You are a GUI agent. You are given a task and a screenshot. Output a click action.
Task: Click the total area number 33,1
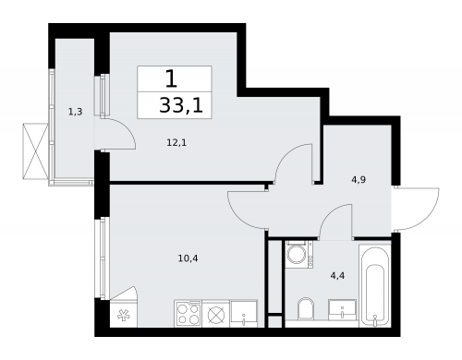pyautogui.click(x=180, y=104)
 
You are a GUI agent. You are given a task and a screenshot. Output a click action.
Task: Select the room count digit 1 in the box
pyautogui.click(x=172, y=79)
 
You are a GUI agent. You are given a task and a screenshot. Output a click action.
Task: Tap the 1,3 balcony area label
pyautogui.click(x=74, y=113)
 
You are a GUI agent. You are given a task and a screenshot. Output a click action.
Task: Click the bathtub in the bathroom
pyautogui.click(x=374, y=283)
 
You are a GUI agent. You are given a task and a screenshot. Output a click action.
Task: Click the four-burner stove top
pyautogui.click(x=188, y=314)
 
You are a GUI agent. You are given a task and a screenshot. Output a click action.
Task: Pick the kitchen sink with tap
pyautogui.click(x=244, y=314)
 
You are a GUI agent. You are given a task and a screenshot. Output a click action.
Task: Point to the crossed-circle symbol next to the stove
pyautogui.click(x=217, y=314)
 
